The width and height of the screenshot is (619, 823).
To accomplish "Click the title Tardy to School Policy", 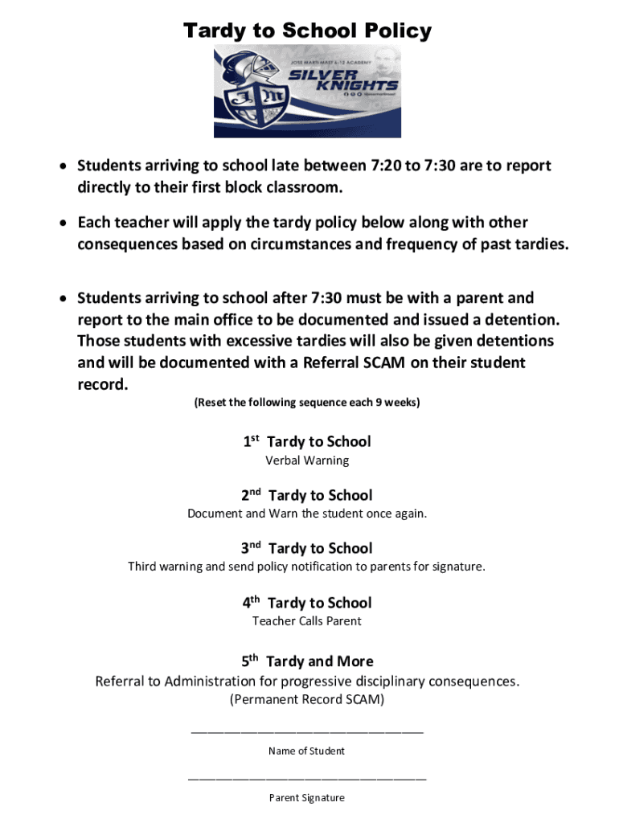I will (x=307, y=31).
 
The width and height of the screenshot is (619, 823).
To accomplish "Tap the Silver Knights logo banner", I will (x=307, y=92).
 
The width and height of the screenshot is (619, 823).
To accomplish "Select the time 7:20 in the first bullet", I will (x=388, y=166).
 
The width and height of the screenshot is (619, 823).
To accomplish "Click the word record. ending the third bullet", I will (x=102, y=384).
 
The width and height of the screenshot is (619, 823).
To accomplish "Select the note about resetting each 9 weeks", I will (x=307, y=402).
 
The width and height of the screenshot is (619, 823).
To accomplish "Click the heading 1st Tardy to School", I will (x=307, y=441).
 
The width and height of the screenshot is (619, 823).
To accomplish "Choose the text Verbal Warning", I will (x=307, y=461).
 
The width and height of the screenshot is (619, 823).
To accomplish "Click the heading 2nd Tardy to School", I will (x=307, y=495).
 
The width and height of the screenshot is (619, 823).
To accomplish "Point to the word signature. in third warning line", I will (x=457, y=567).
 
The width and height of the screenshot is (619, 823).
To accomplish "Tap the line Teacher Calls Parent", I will (x=307, y=620).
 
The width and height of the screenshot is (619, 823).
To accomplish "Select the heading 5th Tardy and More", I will (x=307, y=661).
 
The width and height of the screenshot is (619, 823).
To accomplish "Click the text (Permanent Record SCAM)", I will (x=307, y=699).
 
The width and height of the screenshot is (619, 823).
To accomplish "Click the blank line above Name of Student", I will (x=307, y=731).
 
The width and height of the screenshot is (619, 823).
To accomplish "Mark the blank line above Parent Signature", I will (x=307, y=778).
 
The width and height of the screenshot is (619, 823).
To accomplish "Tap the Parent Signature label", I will (x=307, y=798).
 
